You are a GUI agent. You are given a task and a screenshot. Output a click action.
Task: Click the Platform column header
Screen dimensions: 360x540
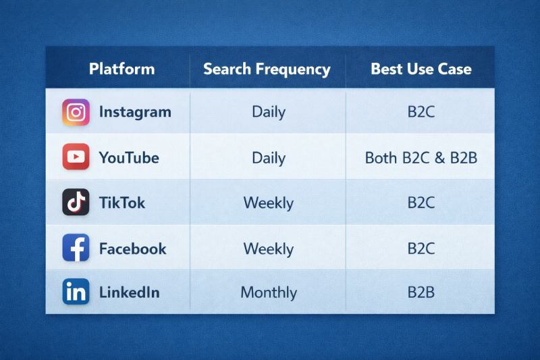pyautogui.click(x=122, y=69)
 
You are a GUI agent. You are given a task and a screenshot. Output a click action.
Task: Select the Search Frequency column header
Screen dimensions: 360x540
pyautogui.click(x=267, y=69)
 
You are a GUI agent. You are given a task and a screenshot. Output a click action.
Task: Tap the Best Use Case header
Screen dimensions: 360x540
pyautogui.click(x=421, y=69)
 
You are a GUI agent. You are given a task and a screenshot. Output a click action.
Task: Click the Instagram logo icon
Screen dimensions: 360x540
pyautogui.click(x=76, y=112)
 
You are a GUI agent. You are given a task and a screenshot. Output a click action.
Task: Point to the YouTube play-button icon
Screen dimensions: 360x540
pyautogui.click(x=76, y=157)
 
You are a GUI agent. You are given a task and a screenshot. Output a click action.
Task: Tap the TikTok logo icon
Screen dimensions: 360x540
pyautogui.click(x=76, y=202)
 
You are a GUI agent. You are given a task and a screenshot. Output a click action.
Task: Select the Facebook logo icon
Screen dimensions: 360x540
pyautogui.click(x=76, y=248)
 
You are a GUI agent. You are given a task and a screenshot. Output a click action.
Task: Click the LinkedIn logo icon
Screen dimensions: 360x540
pyautogui.click(x=76, y=292)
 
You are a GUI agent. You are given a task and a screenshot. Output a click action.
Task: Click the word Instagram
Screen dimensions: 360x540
pyautogui.click(x=135, y=112)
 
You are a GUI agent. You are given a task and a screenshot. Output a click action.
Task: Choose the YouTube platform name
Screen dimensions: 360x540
pyautogui.click(x=129, y=158)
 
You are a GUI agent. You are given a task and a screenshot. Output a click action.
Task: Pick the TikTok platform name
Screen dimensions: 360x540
pyautogui.click(x=122, y=203)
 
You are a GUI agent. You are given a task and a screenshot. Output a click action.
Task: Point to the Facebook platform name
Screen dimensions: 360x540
pyautogui.click(x=133, y=248)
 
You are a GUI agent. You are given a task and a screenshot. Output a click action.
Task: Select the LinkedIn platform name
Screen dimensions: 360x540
pyautogui.click(x=130, y=292)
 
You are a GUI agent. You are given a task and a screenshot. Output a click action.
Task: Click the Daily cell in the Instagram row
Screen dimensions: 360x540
pyautogui.click(x=268, y=112)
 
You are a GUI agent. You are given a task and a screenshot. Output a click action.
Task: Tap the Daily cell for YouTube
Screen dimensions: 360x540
pyautogui.click(x=268, y=158)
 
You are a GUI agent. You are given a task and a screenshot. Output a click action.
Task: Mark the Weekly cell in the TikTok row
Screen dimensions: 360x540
pyautogui.click(x=269, y=203)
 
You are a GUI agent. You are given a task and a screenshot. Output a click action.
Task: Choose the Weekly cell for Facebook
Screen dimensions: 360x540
pyautogui.click(x=269, y=248)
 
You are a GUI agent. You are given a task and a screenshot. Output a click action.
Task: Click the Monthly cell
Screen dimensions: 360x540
pyautogui.click(x=269, y=293)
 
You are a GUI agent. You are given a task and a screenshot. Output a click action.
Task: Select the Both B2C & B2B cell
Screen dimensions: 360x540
pyautogui.click(x=421, y=158)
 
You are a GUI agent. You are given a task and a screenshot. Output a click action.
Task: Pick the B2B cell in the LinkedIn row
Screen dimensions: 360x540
pyautogui.click(x=421, y=292)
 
